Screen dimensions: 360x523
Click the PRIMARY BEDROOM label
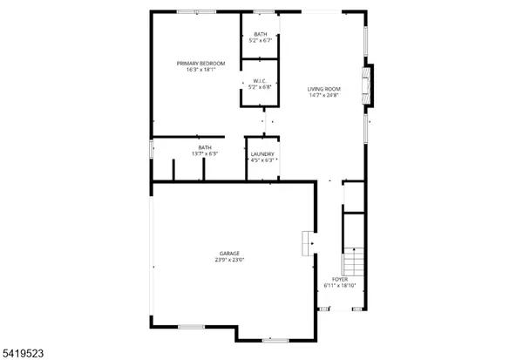click(x=200, y=63)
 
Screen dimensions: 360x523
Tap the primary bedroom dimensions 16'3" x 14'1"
click(x=200, y=70)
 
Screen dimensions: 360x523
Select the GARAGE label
click(x=229, y=253)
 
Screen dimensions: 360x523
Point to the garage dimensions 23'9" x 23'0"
click(x=229, y=260)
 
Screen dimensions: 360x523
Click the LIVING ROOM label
click(x=323, y=88)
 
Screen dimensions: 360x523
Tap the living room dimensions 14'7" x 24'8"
click(x=323, y=95)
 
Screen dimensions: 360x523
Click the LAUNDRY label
click(x=262, y=154)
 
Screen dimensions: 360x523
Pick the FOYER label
click(x=339, y=279)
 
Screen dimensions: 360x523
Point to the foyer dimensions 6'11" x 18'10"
click(x=339, y=286)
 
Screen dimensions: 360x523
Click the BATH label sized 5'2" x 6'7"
click(x=259, y=33)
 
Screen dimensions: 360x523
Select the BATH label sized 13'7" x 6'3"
click(x=204, y=147)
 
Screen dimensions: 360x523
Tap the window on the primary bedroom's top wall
click(x=187, y=10)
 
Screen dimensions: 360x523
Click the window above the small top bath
click(x=262, y=10)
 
